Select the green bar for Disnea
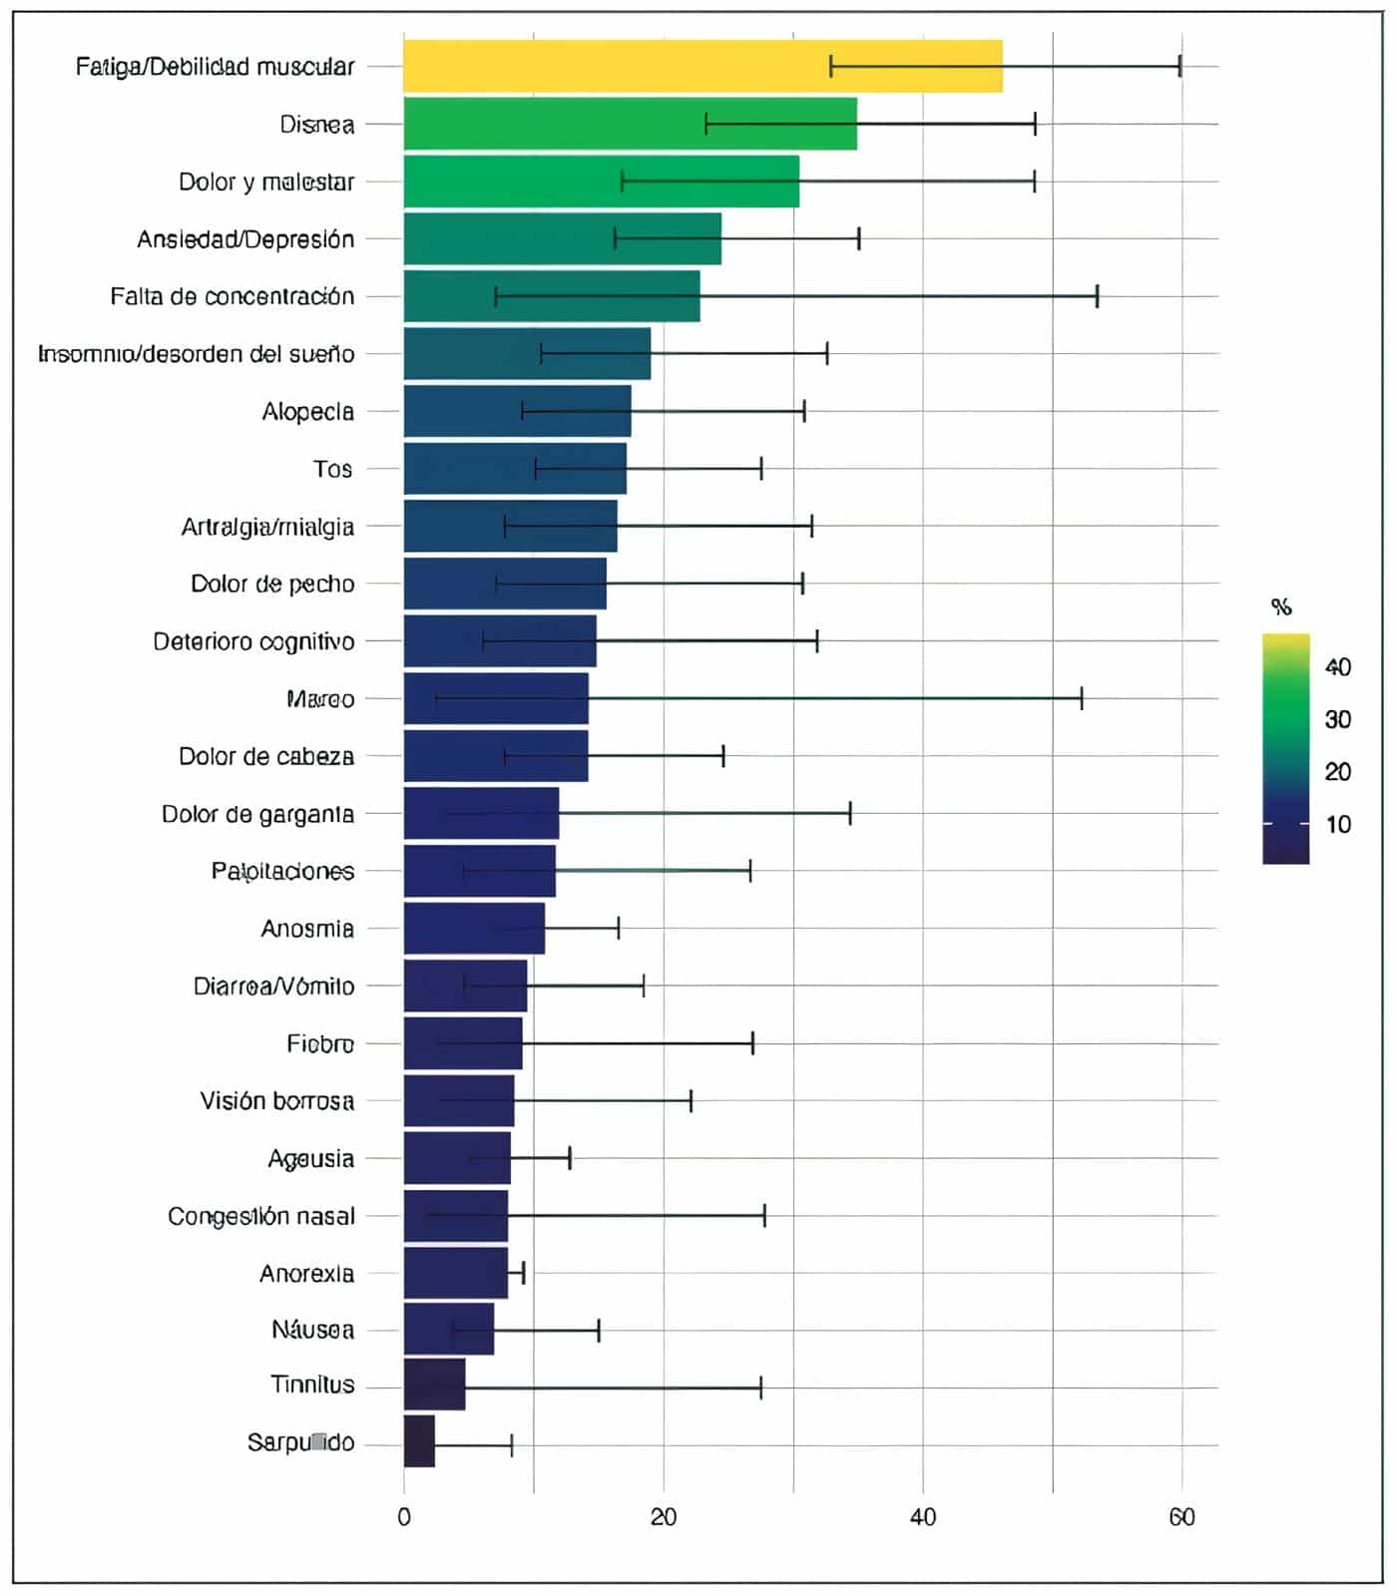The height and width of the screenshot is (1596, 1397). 630,124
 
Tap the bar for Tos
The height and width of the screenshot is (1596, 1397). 515,469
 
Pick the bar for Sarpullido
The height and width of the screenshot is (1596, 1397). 419,1441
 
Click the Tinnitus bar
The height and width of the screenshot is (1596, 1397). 434,1385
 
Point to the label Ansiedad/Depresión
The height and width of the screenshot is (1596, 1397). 245,239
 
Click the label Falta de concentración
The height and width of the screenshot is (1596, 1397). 233,296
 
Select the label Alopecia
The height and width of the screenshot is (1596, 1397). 307,411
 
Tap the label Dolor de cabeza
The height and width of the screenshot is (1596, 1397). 265,756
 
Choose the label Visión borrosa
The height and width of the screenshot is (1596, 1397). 276,1100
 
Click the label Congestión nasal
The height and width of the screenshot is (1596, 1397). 260,1216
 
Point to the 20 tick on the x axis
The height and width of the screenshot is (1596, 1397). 664,1517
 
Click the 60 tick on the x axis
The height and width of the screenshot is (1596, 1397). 1181,1517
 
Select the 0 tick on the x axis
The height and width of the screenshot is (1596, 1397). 404,1517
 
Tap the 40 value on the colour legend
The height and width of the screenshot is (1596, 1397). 1337,667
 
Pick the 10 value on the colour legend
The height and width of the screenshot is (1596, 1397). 1337,824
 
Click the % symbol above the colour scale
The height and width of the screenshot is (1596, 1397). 1281,606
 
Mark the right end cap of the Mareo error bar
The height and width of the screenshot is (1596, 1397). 1082,698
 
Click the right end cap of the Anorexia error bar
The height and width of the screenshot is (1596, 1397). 523,1273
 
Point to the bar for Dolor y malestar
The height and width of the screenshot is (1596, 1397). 601,182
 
